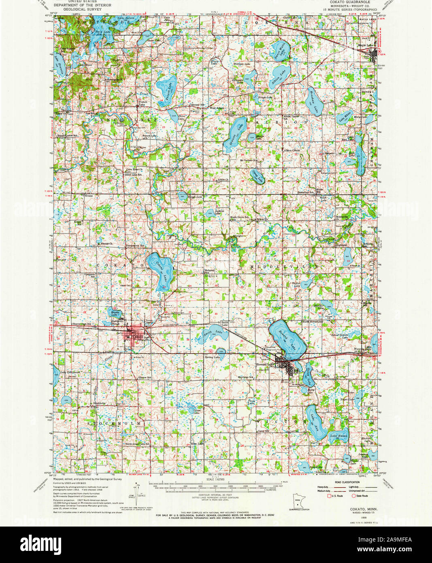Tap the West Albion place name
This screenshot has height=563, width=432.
(x=217, y=108)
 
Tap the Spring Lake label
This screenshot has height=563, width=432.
(x=212, y=358)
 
